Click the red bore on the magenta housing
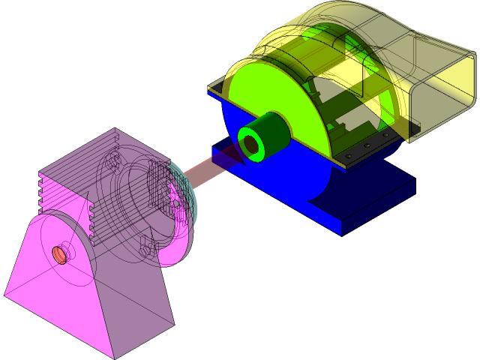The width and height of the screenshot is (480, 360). click(59, 255)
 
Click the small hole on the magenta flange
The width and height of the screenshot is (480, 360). click(176, 203)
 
